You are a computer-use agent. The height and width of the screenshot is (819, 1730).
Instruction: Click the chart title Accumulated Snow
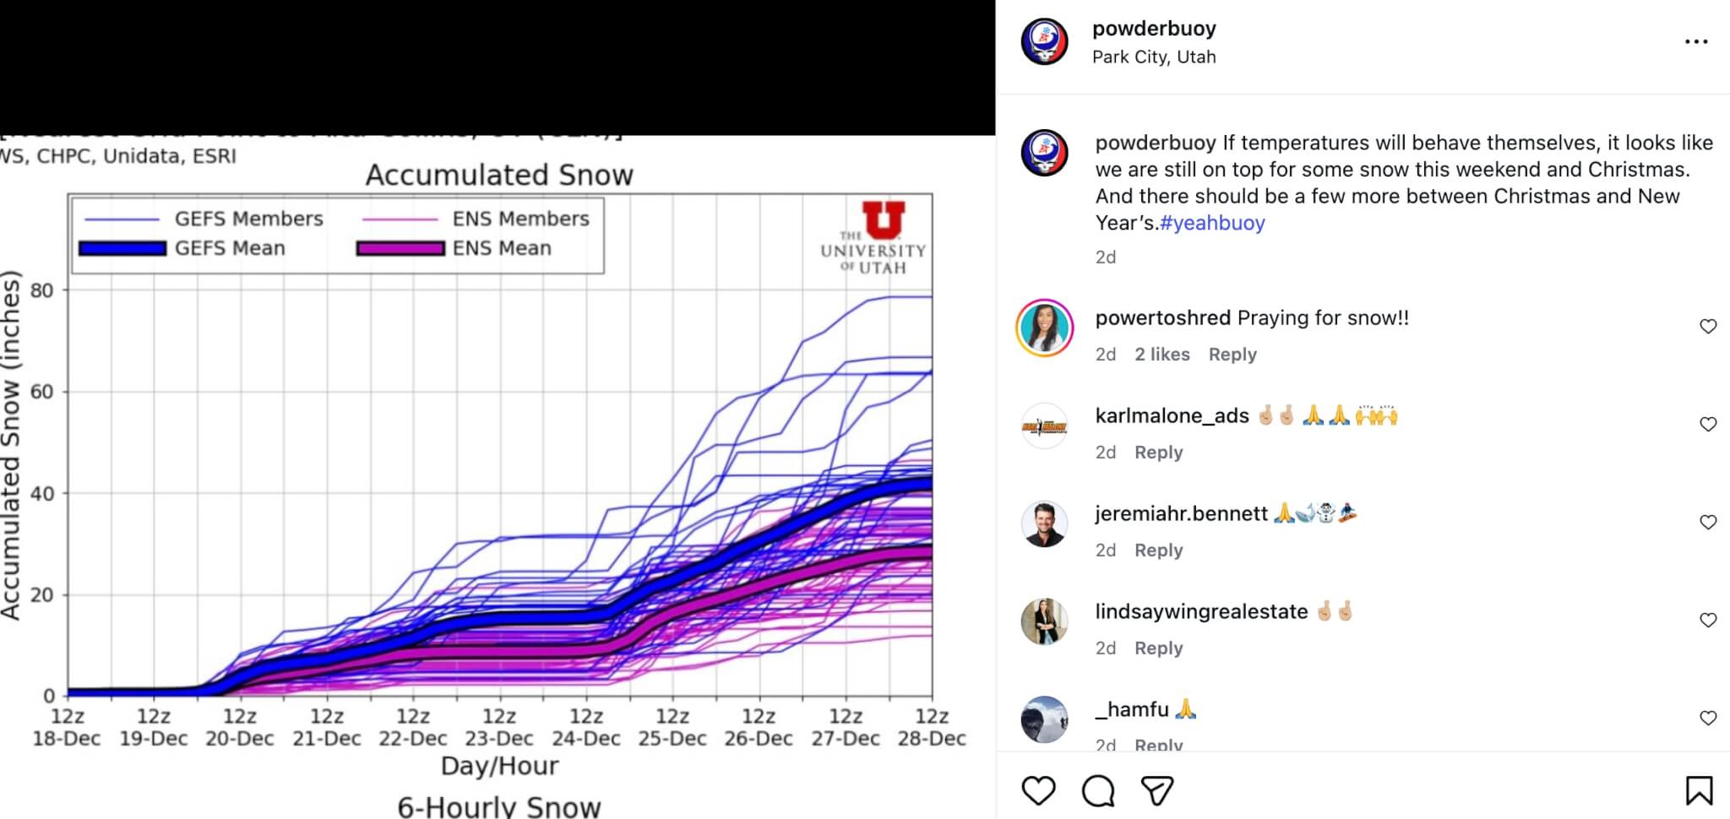(x=499, y=175)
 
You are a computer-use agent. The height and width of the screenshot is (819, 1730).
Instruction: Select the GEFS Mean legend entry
(x=230, y=248)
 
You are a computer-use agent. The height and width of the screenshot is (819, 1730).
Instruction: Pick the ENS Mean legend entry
(x=502, y=248)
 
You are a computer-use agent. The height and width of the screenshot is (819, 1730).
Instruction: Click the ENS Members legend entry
(x=520, y=219)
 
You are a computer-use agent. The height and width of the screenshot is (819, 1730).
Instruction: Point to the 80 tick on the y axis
(x=41, y=290)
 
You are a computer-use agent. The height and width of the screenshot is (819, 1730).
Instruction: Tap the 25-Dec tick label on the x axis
(x=672, y=738)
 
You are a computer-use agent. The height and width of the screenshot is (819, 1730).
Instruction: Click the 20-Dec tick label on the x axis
(x=240, y=738)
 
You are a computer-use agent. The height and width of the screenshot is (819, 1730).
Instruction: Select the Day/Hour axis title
(x=499, y=766)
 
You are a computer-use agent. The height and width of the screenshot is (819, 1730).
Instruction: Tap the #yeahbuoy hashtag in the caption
(x=1212, y=223)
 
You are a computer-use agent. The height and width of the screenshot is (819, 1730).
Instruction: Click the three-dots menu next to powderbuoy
(x=1696, y=41)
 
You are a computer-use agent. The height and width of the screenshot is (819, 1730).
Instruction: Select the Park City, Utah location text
(x=1154, y=57)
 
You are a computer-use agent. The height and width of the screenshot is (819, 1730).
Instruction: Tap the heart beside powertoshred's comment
(x=1708, y=327)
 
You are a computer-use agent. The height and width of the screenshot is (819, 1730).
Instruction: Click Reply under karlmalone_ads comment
(x=1158, y=453)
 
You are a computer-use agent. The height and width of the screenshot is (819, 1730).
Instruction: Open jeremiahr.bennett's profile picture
(x=1044, y=523)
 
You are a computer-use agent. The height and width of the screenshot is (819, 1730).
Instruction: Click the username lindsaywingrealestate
(x=1201, y=611)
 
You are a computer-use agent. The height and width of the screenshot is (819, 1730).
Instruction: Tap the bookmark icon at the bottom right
(x=1699, y=791)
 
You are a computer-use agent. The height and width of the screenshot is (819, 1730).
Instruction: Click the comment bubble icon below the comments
(x=1098, y=791)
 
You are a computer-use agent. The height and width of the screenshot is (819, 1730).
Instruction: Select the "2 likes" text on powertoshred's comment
(x=1161, y=355)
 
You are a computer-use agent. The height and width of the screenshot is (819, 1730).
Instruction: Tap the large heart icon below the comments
(x=1038, y=791)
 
